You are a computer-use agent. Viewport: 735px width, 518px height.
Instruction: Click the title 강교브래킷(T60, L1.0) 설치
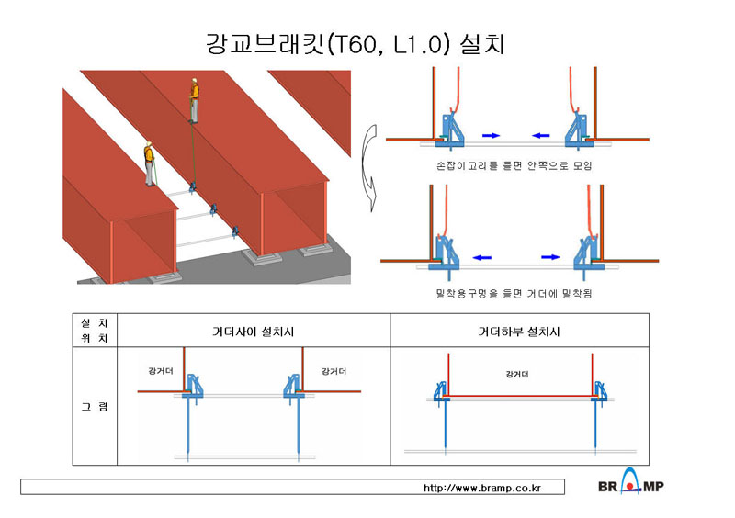point(355,44)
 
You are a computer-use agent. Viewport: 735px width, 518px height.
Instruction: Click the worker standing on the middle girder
point(194,101)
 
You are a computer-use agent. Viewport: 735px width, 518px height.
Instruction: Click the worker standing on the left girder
point(150,163)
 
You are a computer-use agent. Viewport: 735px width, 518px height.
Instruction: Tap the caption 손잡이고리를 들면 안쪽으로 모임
point(514,165)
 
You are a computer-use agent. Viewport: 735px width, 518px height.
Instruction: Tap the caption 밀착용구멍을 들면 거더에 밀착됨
point(514,294)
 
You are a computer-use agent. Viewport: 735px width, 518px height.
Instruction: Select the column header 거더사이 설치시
point(254,332)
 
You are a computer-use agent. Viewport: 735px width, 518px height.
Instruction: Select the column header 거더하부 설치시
point(519,332)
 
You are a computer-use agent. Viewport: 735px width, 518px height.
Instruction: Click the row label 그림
point(95,407)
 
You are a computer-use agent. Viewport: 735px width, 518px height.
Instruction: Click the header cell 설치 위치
point(95,331)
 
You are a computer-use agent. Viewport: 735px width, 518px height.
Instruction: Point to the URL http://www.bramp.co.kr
point(482,488)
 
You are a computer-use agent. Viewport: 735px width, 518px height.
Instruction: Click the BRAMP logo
point(631,482)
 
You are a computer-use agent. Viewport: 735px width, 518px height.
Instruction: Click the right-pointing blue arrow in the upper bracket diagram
point(492,136)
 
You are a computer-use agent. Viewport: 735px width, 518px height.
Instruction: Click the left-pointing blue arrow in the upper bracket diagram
point(541,136)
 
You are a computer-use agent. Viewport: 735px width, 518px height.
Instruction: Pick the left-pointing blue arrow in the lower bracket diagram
point(482,257)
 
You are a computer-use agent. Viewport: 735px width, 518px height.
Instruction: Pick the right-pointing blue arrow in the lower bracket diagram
point(550,257)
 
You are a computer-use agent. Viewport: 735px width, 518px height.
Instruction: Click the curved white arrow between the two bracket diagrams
point(368,168)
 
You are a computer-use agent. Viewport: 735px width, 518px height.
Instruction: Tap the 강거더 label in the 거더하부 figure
point(517,374)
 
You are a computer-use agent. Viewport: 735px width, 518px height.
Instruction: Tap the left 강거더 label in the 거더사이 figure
point(161,371)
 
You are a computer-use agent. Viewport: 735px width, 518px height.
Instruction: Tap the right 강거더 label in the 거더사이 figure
point(334,371)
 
